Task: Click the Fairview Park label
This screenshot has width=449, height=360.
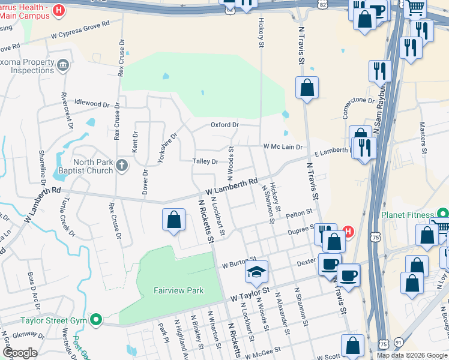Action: pos(178,291)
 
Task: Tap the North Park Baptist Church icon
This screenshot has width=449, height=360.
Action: pos(122,164)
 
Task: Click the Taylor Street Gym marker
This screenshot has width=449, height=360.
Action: pos(95,319)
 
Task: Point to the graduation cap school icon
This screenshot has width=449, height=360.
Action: pos(256,273)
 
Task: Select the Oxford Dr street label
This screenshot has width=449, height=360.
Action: pos(224,125)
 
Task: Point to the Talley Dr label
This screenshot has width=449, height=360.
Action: pos(205,161)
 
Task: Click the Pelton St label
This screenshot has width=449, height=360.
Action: pos(300,212)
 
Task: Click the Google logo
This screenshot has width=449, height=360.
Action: pos(20,352)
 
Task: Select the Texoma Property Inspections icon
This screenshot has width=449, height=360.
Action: pos(63,64)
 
